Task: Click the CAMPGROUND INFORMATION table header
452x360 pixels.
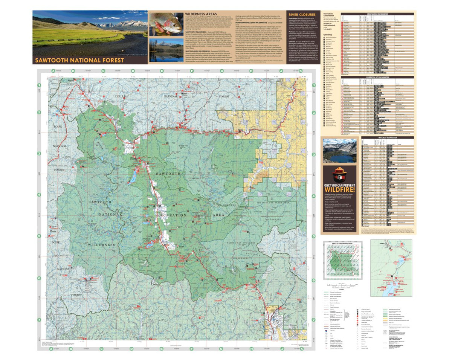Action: [377, 14]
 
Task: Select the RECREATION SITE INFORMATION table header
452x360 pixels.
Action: [377, 77]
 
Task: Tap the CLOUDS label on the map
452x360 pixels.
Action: [194, 178]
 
